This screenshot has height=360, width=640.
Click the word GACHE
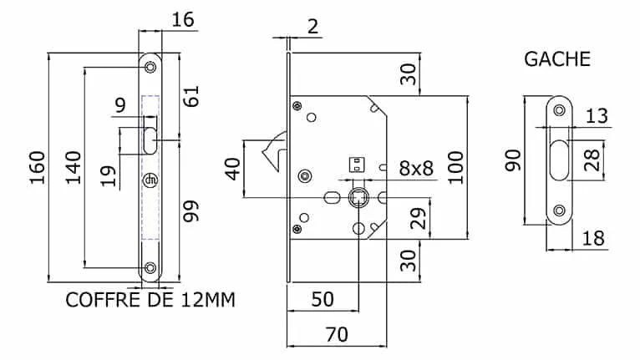[557, 59]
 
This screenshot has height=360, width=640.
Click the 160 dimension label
[37, 168]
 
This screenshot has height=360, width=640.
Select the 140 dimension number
[74, 168]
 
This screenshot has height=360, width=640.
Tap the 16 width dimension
[183, 19]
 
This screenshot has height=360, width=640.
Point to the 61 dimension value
[191, 96]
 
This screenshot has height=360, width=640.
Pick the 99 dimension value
[191, 211]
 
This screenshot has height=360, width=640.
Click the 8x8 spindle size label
[416, 168]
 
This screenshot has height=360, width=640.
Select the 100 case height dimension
[455, 168]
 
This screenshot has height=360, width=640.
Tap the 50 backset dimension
[323, 299]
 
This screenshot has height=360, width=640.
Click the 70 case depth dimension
[337, 335]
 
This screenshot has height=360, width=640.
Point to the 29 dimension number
[418, 218]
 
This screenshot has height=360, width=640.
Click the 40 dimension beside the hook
[232, 169]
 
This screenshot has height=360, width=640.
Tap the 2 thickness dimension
[312, 27]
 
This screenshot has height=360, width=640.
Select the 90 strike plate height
[513, 160]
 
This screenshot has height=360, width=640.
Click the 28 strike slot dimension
[592, 160]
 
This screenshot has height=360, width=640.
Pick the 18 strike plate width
[593, 238]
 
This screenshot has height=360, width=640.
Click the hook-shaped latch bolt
[274, 151]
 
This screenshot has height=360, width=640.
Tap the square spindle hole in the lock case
[358, 198]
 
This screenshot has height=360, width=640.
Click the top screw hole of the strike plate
[559, 109]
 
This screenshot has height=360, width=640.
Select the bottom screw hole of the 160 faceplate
[150, 268]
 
